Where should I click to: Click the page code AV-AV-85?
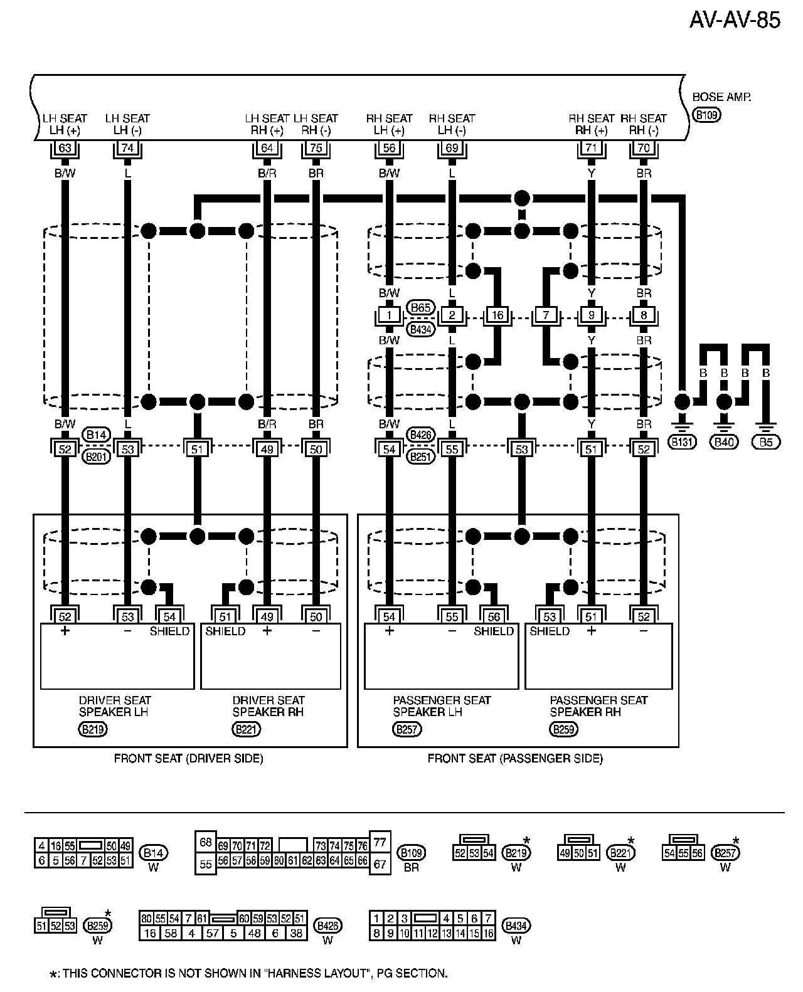click(735, 20)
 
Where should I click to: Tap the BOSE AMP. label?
click(721, 97)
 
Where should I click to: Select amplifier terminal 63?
click(65, 148)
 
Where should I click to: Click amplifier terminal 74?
click(127, 148)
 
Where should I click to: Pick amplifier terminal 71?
click(591, 148)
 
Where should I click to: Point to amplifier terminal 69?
click(452, 148)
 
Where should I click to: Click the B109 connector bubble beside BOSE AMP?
click(707, 115)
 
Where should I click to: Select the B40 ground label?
click(725, 442)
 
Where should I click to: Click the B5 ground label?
click(766, 442)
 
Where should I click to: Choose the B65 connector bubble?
click(420, 307)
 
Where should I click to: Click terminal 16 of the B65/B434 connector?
click(498, 315)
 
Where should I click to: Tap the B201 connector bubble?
click(97, 456)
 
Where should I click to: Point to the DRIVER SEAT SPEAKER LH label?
click(115, 706)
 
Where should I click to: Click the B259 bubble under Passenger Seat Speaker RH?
click(563, 729)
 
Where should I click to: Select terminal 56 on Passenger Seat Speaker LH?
click(494, 617)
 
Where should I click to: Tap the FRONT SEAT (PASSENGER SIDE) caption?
click(515, 759)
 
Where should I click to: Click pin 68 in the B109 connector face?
click(205, 842)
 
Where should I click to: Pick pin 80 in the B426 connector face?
click(146, 919)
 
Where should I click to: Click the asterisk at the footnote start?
click(53, 974)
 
